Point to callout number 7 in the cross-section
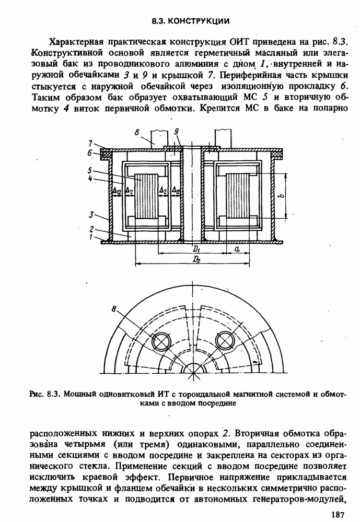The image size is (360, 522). tap(90, 144)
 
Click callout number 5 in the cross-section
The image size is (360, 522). tap(90, 170)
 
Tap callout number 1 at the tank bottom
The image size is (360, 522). tap(90, 237)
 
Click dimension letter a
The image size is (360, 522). tap(237, 250)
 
